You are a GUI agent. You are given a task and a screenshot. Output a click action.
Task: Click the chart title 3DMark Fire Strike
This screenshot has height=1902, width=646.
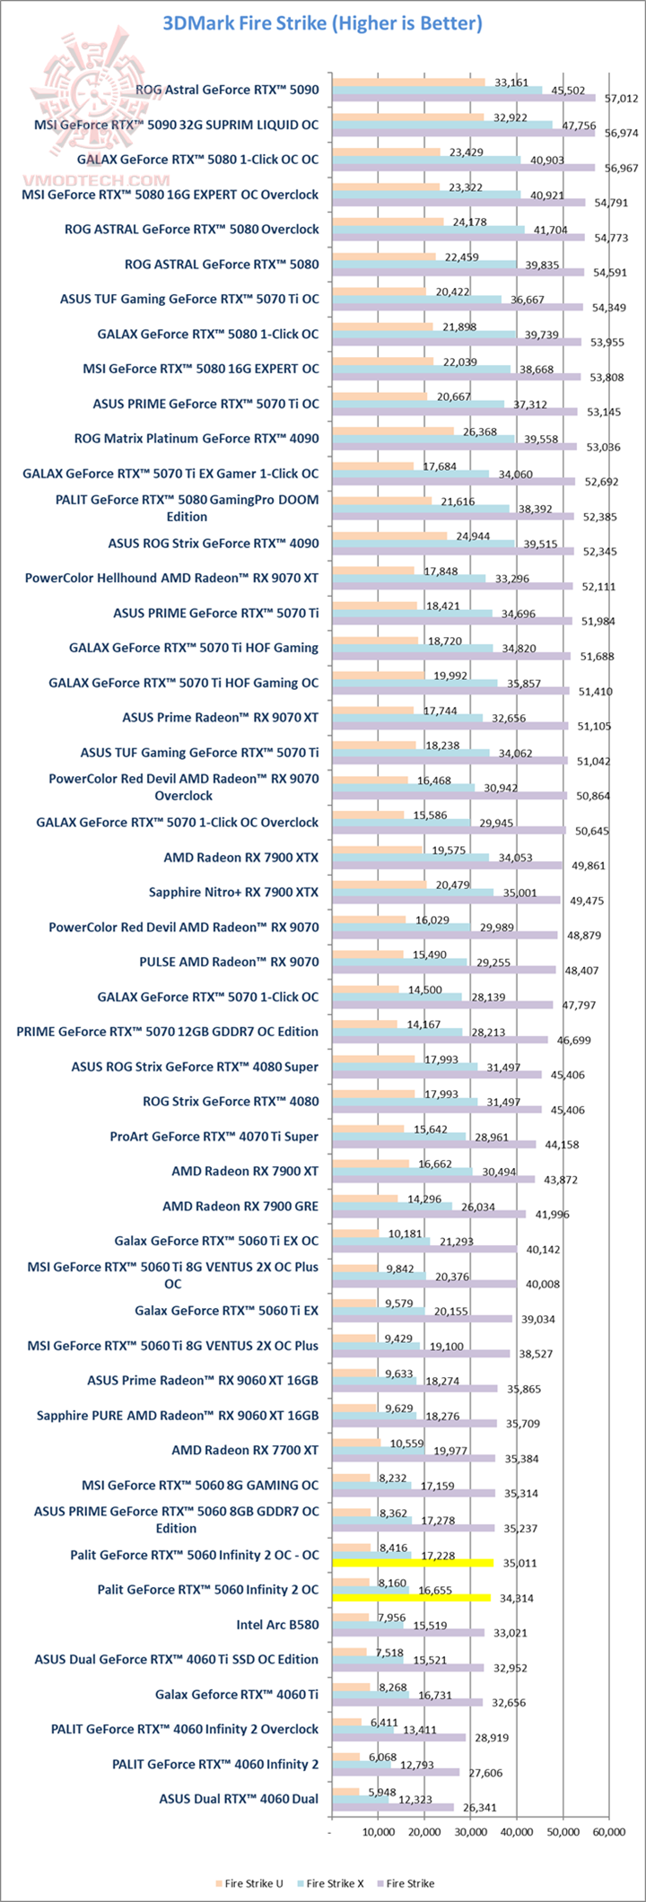point(323,23)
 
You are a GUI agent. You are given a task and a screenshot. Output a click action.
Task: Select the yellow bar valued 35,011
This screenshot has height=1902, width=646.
point(413,1563)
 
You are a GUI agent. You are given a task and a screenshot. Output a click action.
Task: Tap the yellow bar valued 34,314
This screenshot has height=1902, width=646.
point(411,1598)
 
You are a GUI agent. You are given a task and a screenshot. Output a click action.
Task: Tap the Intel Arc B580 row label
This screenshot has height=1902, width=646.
point(277,1625)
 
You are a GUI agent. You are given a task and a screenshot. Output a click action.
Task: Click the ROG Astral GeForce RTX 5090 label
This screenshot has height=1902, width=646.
point(227,90)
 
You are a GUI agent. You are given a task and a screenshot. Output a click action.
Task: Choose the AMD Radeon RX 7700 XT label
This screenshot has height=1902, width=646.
point(245,1450)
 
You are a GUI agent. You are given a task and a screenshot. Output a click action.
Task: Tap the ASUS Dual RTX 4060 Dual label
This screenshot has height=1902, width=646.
point(239,1799)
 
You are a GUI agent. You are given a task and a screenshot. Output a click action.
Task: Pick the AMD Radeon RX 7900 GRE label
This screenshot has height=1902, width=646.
point(240,1206)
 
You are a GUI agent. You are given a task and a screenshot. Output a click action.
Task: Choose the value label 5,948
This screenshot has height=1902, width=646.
point(373,1792)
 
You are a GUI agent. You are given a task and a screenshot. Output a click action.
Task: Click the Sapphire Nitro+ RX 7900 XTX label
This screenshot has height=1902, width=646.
point(233,892)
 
